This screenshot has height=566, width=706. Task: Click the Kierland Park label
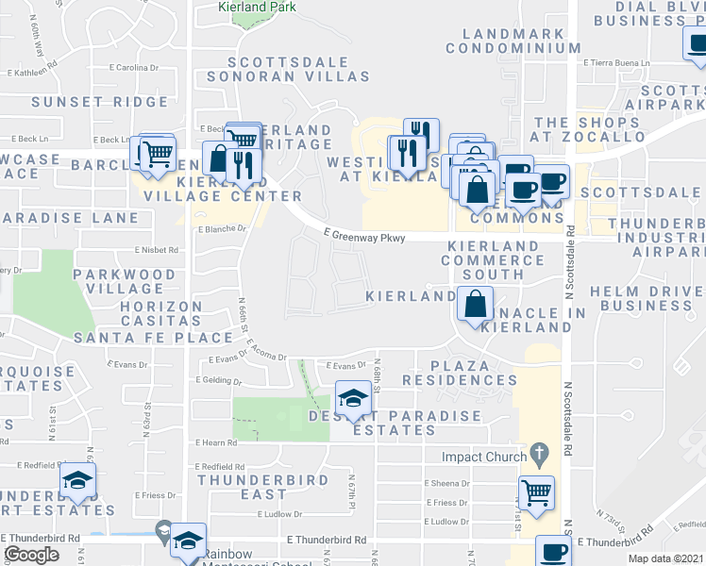(258, 7)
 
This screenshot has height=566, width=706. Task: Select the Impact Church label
(480, 456)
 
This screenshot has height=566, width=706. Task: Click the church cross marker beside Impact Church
(539, 455)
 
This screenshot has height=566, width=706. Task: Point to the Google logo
(31, 555)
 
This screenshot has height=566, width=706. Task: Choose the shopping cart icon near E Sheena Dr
(536, 491)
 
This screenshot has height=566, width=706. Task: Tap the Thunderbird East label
(244, 487)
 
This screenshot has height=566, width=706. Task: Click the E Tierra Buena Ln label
(620, 63)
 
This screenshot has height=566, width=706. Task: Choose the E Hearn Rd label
(213, 442)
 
